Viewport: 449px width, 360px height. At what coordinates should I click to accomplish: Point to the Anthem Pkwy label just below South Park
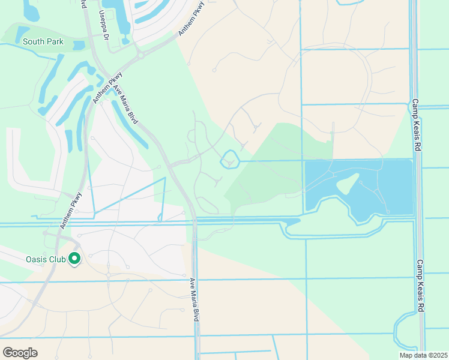107,88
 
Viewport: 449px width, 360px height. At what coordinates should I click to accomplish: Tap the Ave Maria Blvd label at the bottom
193,299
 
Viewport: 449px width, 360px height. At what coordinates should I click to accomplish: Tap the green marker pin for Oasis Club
75,259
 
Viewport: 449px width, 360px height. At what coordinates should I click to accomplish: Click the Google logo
20,352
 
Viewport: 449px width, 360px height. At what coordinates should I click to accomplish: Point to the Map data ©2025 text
423,355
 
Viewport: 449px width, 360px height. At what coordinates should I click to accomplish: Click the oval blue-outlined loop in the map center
231,160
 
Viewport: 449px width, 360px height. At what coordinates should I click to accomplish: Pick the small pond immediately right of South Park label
79,44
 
